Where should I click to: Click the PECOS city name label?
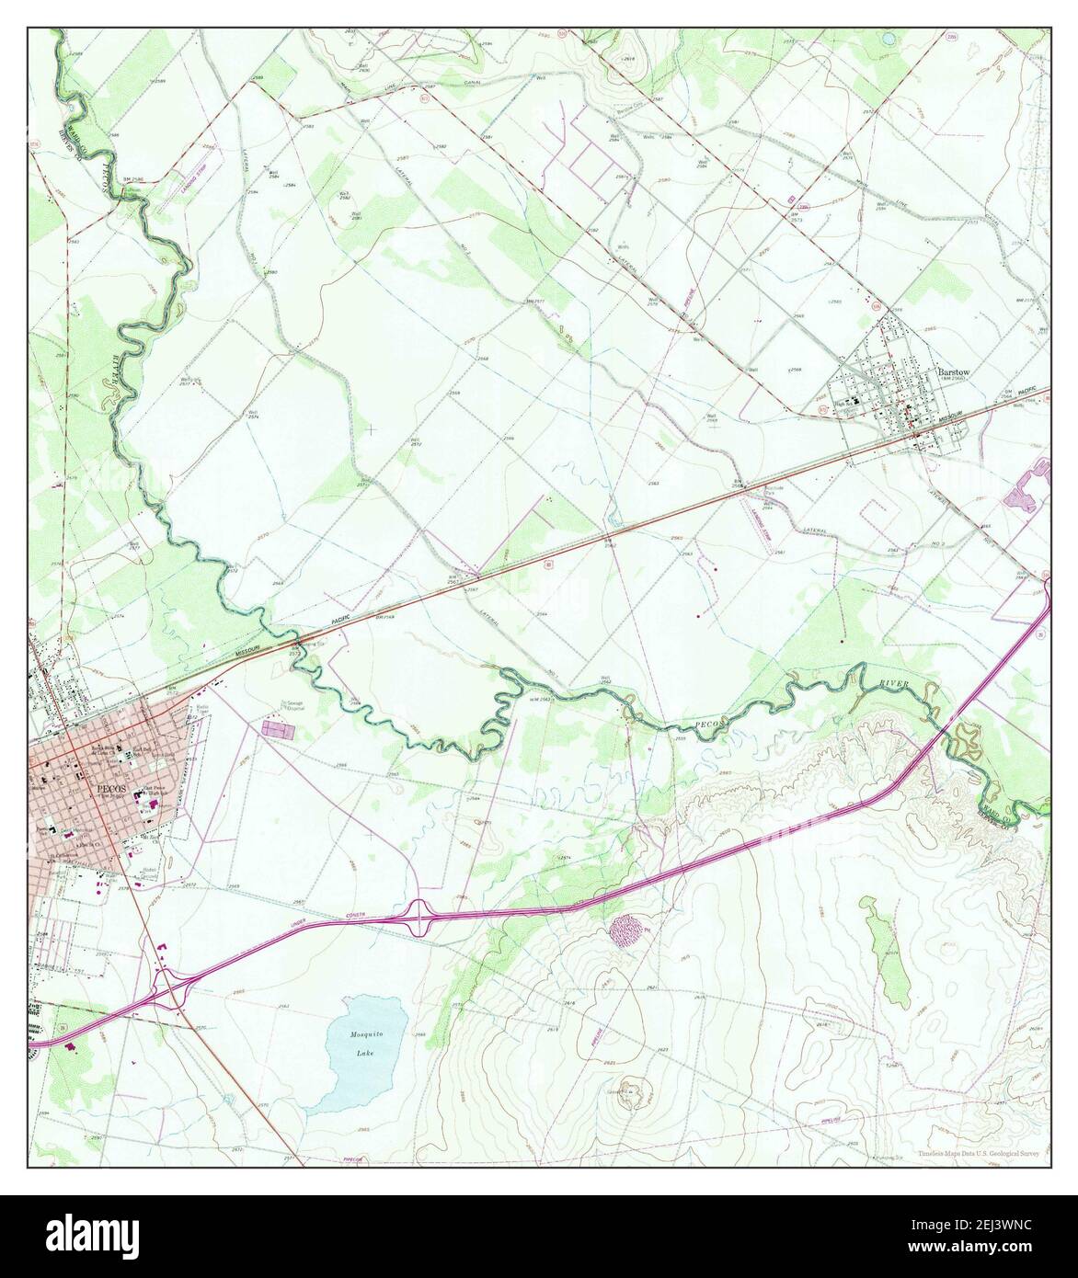pos(108,789)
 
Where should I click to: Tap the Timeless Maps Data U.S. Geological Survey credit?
pos(981,1154)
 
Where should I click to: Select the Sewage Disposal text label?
pos(292,705)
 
